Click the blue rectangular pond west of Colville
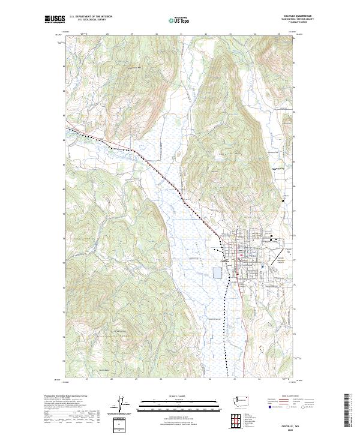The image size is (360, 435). pyautogui.click(x=216, y=274)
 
